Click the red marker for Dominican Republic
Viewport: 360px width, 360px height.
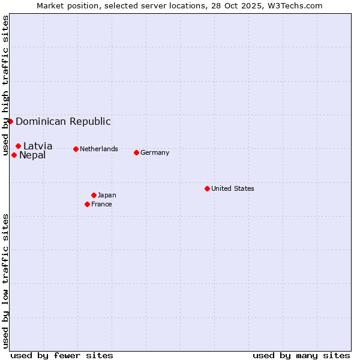click(x=10, y=121)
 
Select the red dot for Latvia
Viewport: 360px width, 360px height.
click(x=18, y=146)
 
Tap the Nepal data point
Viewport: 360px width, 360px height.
click(x=14, y=155)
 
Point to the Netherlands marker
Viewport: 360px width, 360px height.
click(x=76, y=149)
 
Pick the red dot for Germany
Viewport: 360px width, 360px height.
click(x=136, y=152)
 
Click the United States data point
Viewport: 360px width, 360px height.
click(x=207, y=188)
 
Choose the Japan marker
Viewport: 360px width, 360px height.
click(x=94, y=195)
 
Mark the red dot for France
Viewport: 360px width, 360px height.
click(x=87, y=204)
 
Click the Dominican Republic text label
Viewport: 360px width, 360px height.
click(x=63, y=121)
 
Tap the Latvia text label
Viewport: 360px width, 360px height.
click(x=38, y=146)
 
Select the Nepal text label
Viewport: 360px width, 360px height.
click(x=32, y=155)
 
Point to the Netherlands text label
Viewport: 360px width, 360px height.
click(x=99, y=149)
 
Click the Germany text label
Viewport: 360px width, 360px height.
click(x=155, y=152)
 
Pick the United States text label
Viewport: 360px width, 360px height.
click(x=233, y=188)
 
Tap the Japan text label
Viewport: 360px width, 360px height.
click(x=107, y=195)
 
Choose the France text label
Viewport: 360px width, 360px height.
click(x=101, y=204)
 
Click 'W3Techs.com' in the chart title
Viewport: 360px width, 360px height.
click(x=295, y=5)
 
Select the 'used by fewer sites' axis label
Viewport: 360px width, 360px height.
click(x=62, y=355)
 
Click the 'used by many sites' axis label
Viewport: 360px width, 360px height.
click(x=301, y=355)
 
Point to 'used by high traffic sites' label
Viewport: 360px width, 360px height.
click(x=5, y=86)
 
